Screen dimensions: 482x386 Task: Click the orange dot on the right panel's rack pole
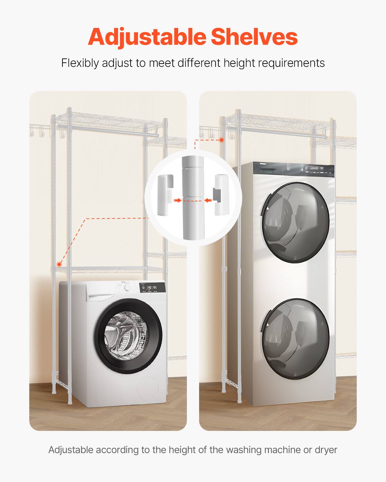click(x=222, y=140)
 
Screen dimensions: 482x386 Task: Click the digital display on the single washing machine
click(x=149, y=288)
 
